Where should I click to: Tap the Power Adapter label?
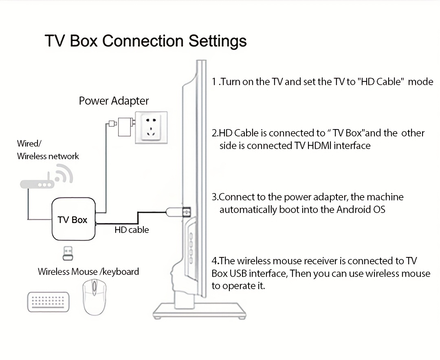(114, 101)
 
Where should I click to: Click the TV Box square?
(73, 220)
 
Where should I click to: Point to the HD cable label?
(132, 230)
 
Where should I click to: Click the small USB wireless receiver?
(68, 253)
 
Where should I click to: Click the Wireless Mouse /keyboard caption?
(88, 272)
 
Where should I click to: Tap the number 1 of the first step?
(214, 81)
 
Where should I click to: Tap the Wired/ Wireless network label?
(48, 150)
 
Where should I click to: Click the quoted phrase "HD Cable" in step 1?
(381, 81)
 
